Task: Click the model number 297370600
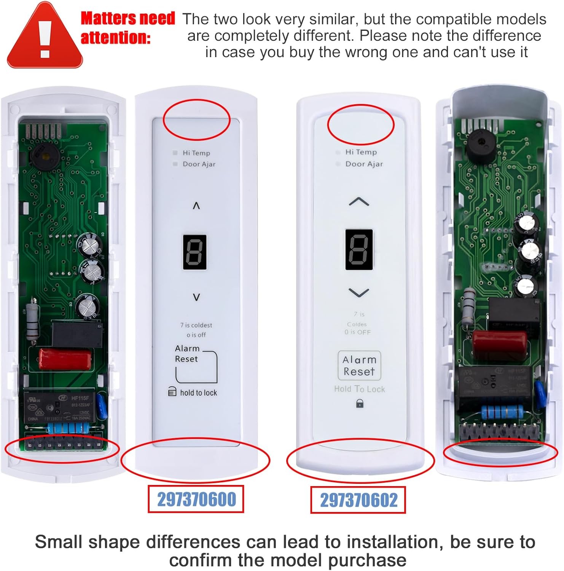[x=196, y=499]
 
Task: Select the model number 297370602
[x=358, y=500]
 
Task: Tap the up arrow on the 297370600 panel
[x=196, y=206]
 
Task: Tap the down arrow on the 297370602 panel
[x=359, y=293]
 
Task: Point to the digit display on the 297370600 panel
[x=195, y=252]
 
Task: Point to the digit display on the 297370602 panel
[x=359, y=249]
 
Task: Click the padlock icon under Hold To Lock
[x=359, y=403]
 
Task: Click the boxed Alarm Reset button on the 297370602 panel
[x=359, y=365]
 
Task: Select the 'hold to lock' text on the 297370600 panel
[x=198, y=392]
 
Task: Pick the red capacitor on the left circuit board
[x=65, y=359]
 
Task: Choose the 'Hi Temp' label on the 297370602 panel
[x=361, y=152]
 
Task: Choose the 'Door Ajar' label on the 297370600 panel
[x=199, y=164]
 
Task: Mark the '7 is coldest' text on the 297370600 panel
[x=196, y=325]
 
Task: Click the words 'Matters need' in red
[x=128, y=18]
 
